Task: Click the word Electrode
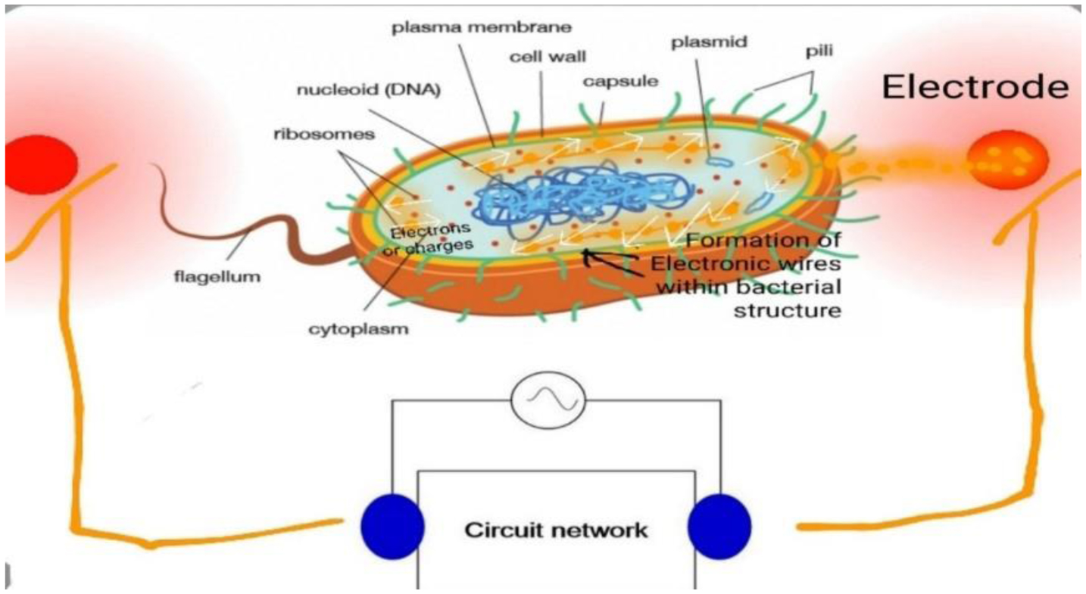975,88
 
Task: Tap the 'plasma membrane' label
480,27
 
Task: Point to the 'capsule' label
620,79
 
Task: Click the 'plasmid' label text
708,42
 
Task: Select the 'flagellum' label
215,276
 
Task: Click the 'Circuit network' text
556,529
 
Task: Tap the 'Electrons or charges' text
430,237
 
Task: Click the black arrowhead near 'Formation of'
589,257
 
